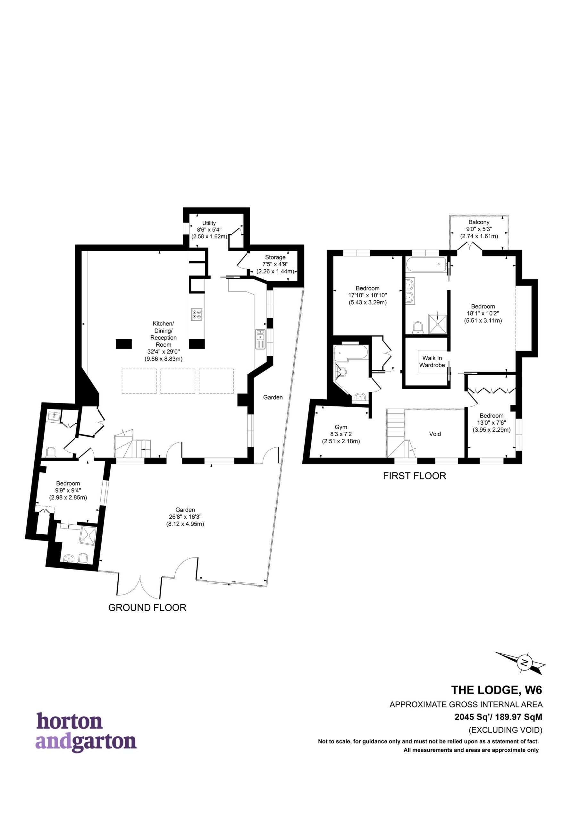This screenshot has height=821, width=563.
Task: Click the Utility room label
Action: [x=209, y=223]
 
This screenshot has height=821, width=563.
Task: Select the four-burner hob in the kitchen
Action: [x=197, y=314]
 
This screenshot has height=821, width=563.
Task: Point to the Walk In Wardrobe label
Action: [x=432, y=361]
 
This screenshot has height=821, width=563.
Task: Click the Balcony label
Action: [x=479, y=222]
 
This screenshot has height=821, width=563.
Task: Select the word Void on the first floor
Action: [x=435, y=434]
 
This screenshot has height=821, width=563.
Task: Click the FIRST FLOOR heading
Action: [x=414, y=476]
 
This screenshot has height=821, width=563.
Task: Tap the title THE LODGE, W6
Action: [x=497, y=690]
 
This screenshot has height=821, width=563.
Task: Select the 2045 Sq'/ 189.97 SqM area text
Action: [x=498, y=717]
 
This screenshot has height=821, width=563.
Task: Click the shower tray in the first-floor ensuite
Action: [x=438, y=324]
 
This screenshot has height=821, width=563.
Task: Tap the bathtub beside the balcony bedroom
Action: [x=425, y=264]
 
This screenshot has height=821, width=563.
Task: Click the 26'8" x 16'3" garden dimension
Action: [x=185, y=517]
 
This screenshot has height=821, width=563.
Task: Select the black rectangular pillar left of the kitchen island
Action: [x=124, y=344]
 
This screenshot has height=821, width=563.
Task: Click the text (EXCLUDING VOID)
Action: [x=505, y=730]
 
